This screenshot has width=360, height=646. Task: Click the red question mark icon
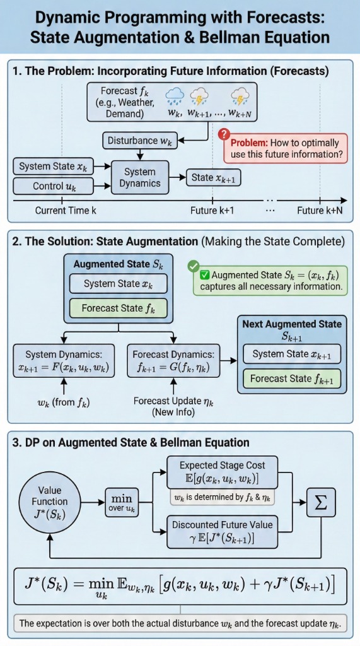click(x=223, y=134)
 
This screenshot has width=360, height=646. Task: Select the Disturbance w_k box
click(x=139, y=141)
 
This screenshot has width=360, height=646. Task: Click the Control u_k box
click(x=54, y=186)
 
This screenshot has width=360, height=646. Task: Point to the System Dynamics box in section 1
click(x=139, y=177)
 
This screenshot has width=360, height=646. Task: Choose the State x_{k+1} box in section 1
click(x=213, y=177)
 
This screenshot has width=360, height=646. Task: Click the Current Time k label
click(x=66, y=211)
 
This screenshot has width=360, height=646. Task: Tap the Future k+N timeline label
click(x=320, y=211)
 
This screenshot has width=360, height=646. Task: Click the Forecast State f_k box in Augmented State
click(x=119, y=308)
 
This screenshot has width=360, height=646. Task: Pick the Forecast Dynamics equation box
click(x=173, y=361)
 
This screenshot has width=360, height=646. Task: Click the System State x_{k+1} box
click(x=292, y=355)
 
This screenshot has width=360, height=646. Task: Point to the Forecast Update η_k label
click(x=173, y=406)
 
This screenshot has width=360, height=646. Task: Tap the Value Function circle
click(x=50, y=502)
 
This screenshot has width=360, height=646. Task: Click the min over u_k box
click(x=122, y=502)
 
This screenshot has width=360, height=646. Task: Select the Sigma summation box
click(x=321, y=502)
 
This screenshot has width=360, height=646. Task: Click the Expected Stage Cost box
click(x=222, y=472)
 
